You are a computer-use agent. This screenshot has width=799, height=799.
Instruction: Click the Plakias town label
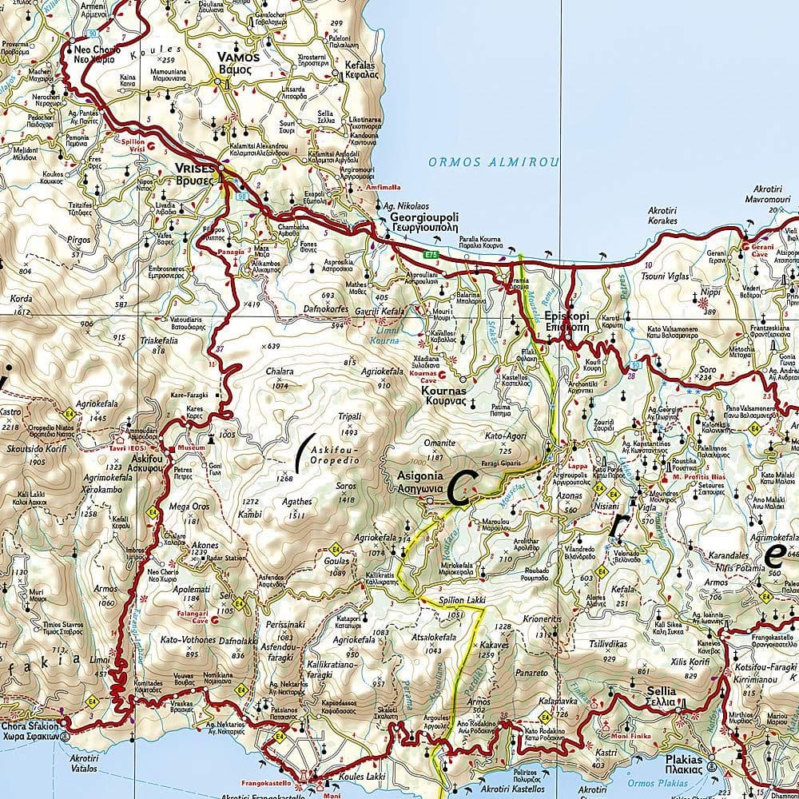coord(683,761)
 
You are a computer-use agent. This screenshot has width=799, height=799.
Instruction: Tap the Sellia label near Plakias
coord(661,691)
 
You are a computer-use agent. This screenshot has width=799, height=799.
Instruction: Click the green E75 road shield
coord(431,254)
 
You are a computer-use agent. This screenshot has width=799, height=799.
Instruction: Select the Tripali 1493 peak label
coord(350,416)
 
